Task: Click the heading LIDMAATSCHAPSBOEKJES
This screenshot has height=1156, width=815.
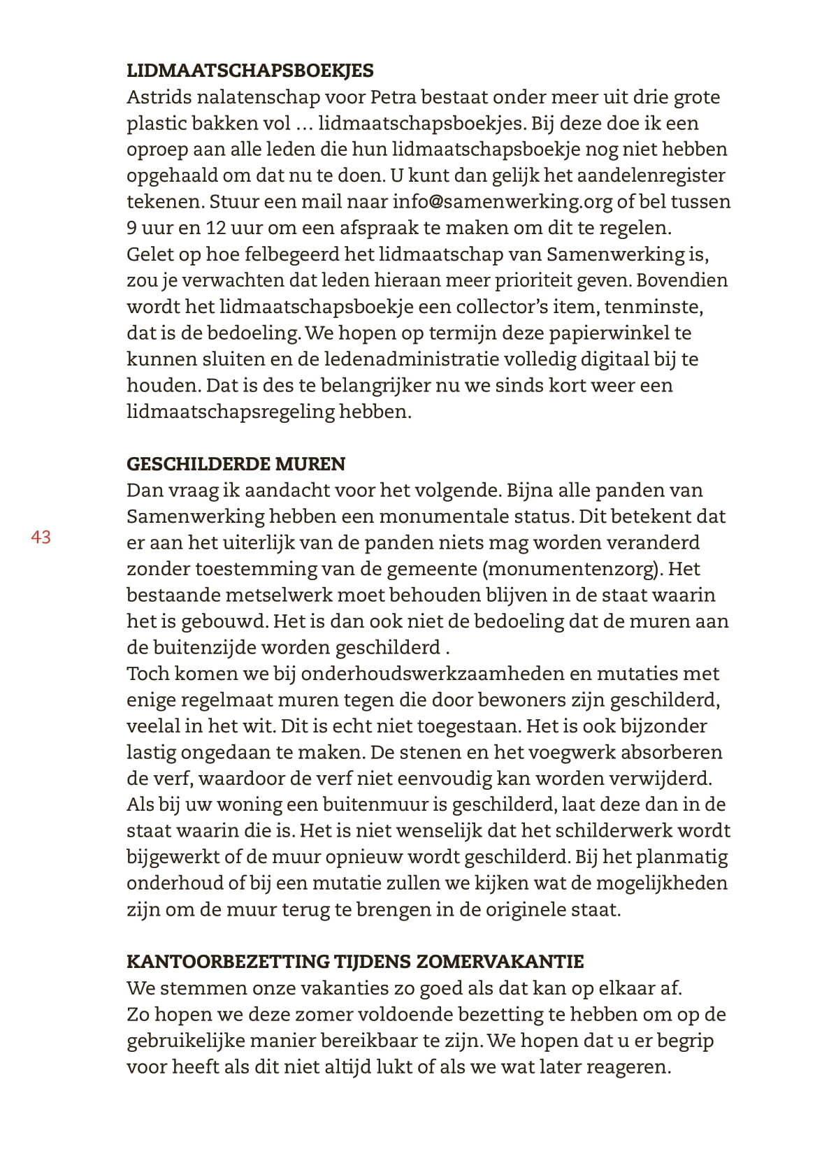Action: (x=250, y=71)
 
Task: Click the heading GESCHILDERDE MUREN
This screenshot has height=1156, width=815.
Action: (x=236, y=464)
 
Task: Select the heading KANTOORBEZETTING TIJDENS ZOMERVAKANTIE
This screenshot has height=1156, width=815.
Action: (x=354, y=962)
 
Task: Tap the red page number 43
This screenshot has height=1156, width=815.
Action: (x=41, y=537)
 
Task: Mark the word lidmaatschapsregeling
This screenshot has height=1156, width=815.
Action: (x=231, y=412)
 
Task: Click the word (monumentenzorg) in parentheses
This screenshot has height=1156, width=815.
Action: (x=570, y=569)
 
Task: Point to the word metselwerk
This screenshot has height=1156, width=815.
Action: (x=280, y=595)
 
